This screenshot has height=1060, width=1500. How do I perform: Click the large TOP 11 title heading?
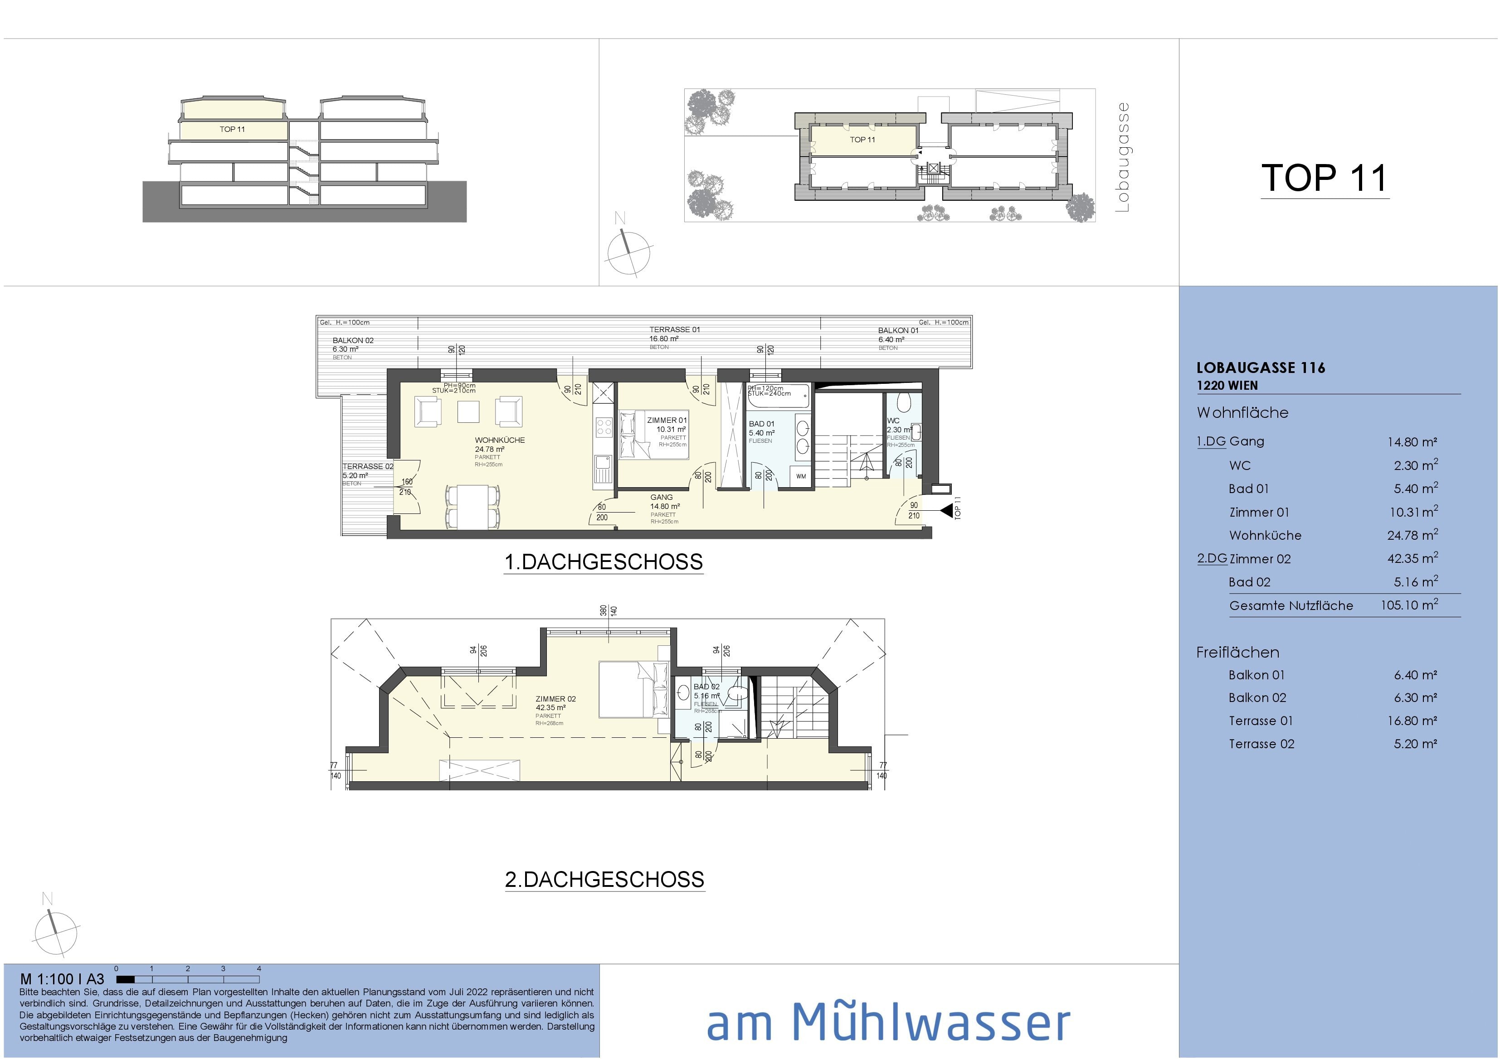[x=1324, y=178]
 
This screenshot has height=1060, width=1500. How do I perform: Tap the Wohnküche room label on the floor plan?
[x=499, y=440]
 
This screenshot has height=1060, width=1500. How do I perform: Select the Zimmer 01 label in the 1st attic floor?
[x=667, y=421]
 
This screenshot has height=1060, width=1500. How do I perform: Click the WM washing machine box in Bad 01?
[x=801, y=477]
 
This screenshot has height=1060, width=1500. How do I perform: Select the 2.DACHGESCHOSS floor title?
[x=604, y=880]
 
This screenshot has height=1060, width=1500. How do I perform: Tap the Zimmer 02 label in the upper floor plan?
[x=555, y=699]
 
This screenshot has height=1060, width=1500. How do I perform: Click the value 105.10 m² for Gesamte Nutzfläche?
[x=1408, y=605]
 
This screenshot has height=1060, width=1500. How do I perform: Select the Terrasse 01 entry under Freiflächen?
[x=1260, y=721]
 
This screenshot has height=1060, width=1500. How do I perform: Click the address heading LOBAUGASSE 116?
[x=1260, y=368]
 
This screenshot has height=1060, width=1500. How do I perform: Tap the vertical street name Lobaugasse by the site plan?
[x=1122, y=157]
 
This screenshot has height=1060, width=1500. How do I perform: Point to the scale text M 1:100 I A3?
[x=62, y=979]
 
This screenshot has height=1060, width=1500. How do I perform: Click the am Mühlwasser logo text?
[x=888, y=1021]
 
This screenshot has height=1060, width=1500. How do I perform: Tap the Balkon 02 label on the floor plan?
[x=353, y=340]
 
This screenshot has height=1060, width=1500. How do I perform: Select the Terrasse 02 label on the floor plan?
[x=368, y=466]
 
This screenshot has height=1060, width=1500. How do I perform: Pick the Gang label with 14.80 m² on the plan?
[x=661, y=498]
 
